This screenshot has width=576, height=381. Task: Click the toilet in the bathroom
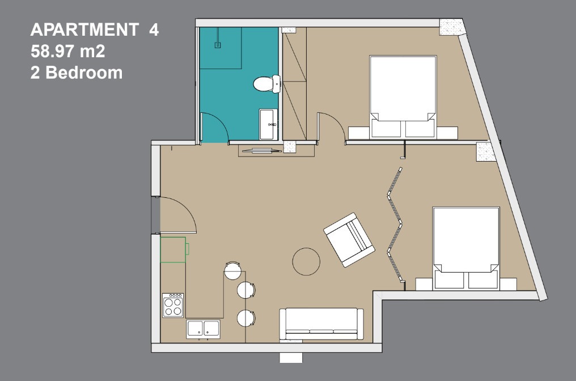coord(266,84)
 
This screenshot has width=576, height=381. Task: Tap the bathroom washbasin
coord(269,124)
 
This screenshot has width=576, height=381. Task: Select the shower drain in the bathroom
coord(218,45)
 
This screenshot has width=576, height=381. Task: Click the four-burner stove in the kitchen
coord(173,306)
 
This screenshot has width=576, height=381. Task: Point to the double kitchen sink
coord(203,329)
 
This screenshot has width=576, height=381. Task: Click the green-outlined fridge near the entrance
coord(173,250)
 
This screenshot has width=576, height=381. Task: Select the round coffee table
coord(306,261)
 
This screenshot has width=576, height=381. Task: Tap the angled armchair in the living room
coord(349,240)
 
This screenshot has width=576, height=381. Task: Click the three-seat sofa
coord(321,324)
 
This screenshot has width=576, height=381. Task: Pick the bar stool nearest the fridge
coord(233,271)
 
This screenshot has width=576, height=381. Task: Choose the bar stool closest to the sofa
coord(245,318)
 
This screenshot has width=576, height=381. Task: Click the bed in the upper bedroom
coord(403,97)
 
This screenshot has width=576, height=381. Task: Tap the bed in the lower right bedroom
coord(466,248)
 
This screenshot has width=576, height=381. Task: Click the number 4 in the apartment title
coord(154,29)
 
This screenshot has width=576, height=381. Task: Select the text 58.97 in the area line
coord(52,51)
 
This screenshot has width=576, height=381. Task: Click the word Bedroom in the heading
coord(84,73)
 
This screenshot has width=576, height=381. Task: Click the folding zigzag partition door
coord(395,225)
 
